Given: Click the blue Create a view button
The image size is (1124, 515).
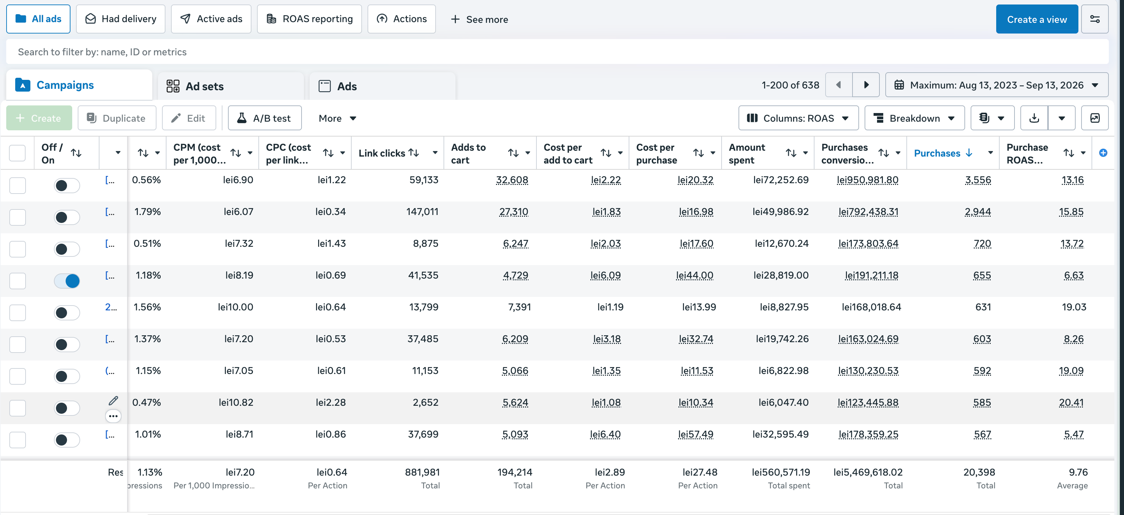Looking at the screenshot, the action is (x=1036, y=19).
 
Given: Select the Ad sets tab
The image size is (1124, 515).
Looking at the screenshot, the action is (x=230, y=86).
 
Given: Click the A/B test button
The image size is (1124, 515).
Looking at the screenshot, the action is (x=264, y=118).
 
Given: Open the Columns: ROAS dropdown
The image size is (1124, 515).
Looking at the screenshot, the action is (x=798, y=118).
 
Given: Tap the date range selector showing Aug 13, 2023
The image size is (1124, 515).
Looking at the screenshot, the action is (x=997, y=85).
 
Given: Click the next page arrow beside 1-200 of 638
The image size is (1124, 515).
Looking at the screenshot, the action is (x=866, y=85).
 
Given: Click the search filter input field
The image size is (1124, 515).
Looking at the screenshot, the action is (x=557, y=52).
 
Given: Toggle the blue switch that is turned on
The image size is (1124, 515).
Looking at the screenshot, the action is (x=67, y=281).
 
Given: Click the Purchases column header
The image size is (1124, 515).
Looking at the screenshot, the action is (x=937, y=153).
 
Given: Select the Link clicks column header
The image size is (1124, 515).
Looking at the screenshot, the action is (x=381, y=153).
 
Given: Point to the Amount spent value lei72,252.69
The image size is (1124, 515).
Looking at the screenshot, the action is (x=781, y=180).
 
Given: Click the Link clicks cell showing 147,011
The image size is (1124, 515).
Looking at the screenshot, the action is (x=422, y=212).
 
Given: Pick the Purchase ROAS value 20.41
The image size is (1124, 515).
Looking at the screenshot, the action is (x=1071, y=402).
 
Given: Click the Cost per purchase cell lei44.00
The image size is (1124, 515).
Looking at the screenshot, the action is (x=694, y=275).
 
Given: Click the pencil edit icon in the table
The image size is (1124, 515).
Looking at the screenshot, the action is (x=113, y=401).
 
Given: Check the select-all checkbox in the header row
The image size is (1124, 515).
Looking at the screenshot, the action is (x=18, y=153).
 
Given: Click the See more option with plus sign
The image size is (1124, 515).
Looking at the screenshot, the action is (x=479, y=19).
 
